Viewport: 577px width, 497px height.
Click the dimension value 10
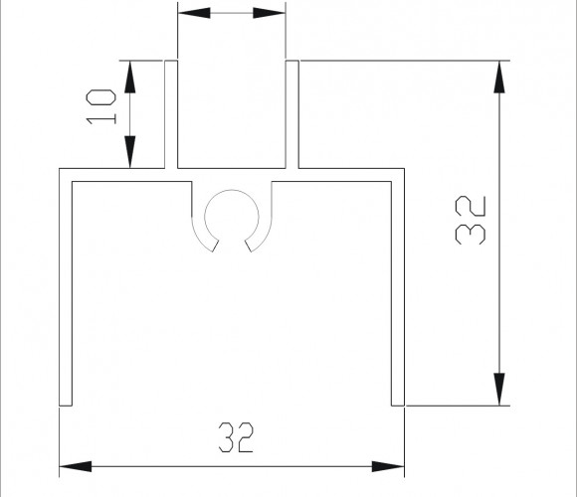101,107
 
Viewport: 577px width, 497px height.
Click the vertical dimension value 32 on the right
471,221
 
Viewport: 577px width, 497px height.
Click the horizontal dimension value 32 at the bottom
236,437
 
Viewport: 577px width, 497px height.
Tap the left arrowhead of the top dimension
194,13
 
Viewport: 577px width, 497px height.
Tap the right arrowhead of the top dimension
270,13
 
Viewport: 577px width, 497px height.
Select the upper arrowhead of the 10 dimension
130,77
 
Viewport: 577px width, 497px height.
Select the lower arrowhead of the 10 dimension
130,152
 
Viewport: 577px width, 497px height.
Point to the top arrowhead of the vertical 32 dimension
499,77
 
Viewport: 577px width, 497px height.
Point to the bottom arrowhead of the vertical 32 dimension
499,389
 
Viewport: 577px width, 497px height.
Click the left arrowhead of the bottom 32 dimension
76,466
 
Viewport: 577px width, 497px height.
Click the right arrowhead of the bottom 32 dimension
388,466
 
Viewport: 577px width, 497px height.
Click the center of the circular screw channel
232,217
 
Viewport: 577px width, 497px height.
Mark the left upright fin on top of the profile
171,114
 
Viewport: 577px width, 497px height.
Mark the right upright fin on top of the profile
292,114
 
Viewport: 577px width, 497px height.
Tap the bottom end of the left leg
66,406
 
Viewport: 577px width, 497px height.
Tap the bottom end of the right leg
398,406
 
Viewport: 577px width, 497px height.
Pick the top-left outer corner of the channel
60,169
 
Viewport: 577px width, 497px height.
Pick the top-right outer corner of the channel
405,169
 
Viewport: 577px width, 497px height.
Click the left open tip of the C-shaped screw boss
216,246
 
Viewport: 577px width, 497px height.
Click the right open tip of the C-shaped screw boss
249,246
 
